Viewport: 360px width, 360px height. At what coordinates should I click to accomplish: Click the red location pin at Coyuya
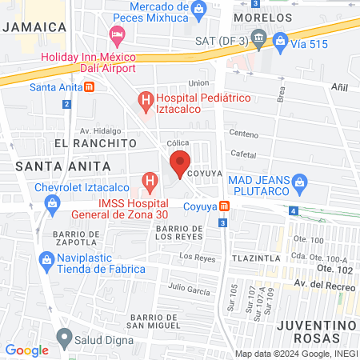180,164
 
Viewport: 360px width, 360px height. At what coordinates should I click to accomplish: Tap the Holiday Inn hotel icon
118,34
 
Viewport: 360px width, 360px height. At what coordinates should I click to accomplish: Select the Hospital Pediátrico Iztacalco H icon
145,101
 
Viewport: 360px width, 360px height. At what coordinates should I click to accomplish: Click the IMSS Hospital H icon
150,182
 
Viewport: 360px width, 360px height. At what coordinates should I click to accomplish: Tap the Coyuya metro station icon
226,206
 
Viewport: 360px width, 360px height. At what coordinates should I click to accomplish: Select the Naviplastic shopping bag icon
46,260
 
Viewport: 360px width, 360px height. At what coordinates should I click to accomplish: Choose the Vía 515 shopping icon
281,39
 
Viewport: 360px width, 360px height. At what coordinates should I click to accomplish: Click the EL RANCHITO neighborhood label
84,142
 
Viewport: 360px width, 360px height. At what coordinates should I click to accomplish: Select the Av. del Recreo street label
323,284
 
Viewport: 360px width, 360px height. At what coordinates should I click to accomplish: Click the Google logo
26,350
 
